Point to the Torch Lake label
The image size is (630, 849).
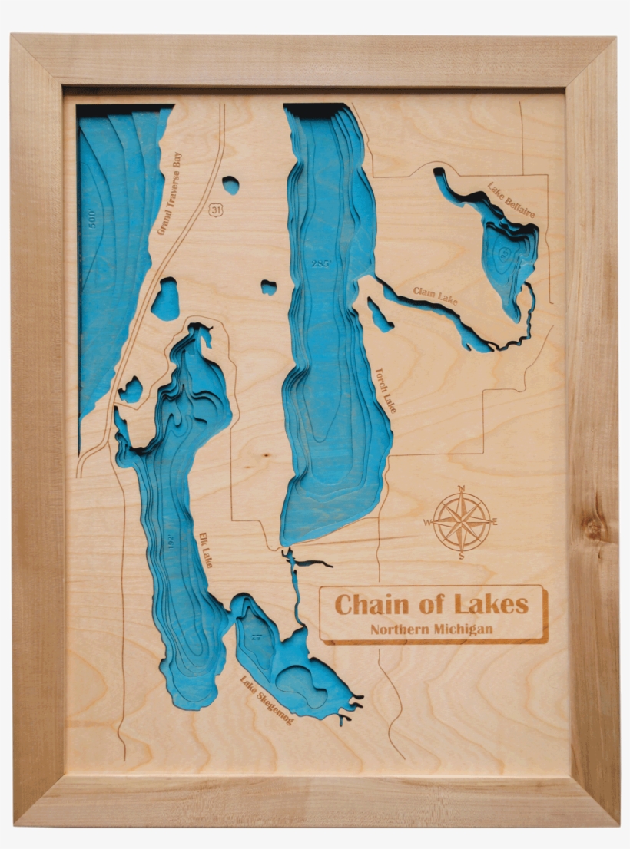pyautogui.click(x=385, y=390)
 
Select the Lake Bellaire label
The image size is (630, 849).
pyautogui.click(x=511, y=200)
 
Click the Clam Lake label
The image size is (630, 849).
pyautogui.click(x=435, y=296)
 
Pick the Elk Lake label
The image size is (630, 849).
pyautogui.click(x=205, y=550)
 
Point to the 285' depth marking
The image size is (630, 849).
pyautogui.click(x=320, y=263)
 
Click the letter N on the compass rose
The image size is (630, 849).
pyautogui.click(x=461, y=488)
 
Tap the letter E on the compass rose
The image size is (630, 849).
pyautogui.click(x=495, y=521)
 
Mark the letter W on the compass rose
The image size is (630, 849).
pyautogui.click(x=427, y=522)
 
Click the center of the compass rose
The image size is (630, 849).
pyautogui.click(x=461, y=522)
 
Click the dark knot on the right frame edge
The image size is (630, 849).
pyautogui.click(x=593, y=528)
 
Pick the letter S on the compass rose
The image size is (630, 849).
pyautogui.click(x=461, y=556)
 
